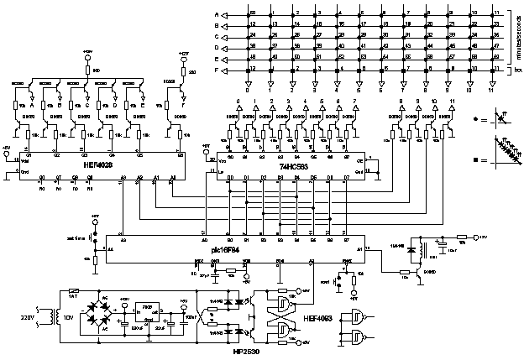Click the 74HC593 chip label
pos(295,166)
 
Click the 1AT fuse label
pos(73,295)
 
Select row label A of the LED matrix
pos(217,14)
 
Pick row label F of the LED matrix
pos(217,71)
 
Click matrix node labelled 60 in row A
pos(251,14)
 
